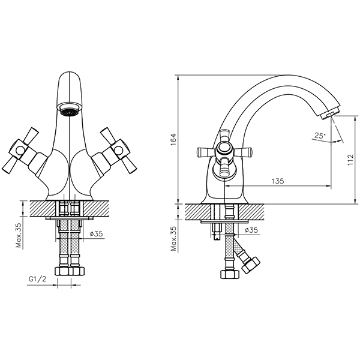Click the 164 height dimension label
click(173, 139)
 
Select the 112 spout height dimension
click(350, 160)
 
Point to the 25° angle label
click(320, 135)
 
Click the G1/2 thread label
click(37, 279)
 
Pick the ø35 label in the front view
click(96, 234)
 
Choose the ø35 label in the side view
click(251, 230)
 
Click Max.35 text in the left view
click(19, 235)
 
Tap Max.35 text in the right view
click(175, 239)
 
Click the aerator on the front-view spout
click(69, 109)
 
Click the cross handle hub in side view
click(224, 149)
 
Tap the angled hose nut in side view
click(251, 265)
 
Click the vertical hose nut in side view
click(230, 274)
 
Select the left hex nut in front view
click(62, 271)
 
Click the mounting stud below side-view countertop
click(217, 232)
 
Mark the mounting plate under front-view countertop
click(70, 218)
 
